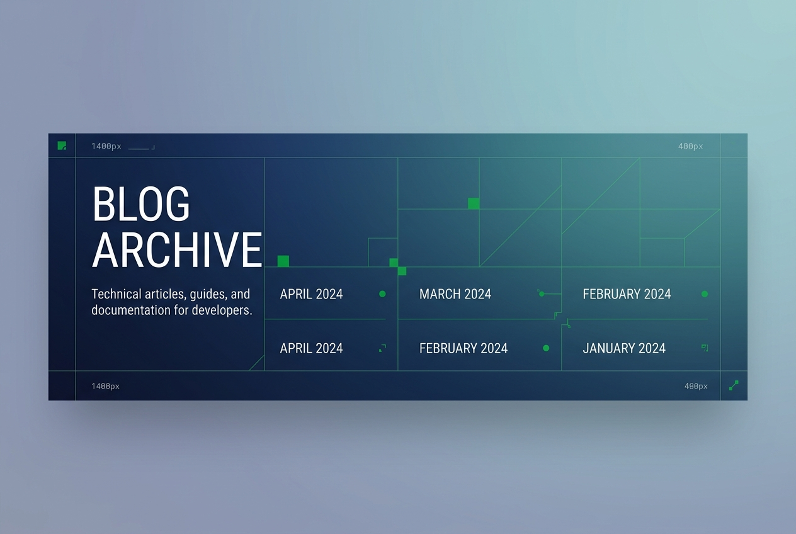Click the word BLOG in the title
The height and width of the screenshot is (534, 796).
pos(141,203)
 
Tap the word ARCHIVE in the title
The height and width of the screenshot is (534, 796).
pos(177,249)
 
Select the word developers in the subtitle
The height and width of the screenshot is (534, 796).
pos(222,310)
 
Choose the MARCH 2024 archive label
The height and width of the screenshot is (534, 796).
pos(455,294)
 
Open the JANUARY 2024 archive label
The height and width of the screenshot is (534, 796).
pos(624,348)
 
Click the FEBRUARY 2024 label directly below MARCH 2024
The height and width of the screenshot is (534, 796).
pos(463,348)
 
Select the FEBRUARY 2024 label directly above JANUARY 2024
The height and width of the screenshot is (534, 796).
pos(627,294)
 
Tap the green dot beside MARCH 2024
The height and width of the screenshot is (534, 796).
pos(541,294)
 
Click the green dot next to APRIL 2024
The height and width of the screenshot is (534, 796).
pos(382,294)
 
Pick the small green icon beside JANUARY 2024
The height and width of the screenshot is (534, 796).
pos(705,348)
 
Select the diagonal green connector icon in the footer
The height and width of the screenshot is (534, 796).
pos(734,385)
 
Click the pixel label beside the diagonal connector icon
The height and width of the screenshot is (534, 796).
pos(696,386)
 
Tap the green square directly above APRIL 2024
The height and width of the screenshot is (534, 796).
pos(283,261)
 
